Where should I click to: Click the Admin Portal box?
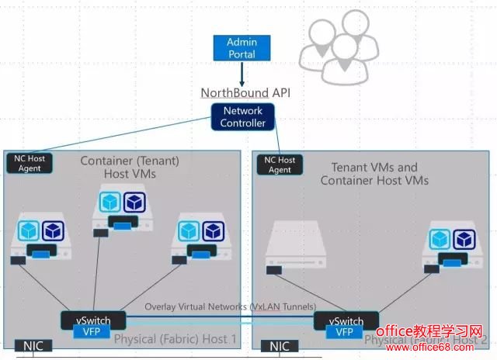point(241,47)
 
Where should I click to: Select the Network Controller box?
point(242,117)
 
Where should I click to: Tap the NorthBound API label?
point(242,92)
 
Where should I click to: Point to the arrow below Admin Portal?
point(242,74)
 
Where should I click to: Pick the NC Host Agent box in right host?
point(280,164)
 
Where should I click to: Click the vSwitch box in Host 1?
point(91,320)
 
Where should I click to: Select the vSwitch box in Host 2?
point(346,320)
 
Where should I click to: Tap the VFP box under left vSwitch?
point(91,332)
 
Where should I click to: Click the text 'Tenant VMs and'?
point(374,167)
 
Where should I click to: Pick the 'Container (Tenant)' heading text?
point(130,160)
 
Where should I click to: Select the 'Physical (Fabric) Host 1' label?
point(176,339)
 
